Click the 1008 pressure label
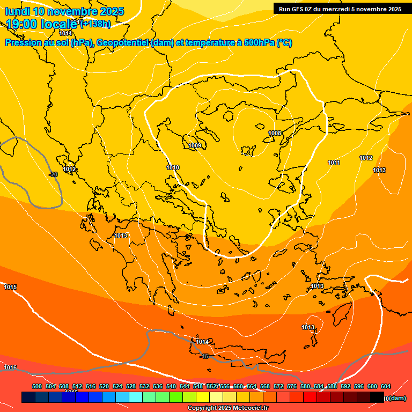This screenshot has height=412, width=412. point(275,133)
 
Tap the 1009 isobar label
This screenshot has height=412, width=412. point(195,145)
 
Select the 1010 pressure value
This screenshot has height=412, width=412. point(173,167)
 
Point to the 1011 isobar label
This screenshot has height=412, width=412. point(334,163)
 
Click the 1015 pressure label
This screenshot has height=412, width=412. point(10,287)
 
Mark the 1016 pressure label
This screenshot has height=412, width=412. point(10,367)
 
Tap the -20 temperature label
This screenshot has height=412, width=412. point(53,174)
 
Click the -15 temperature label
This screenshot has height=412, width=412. point(204,357)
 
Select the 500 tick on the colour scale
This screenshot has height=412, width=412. point(37,386)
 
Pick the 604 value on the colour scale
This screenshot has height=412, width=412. point(386,386)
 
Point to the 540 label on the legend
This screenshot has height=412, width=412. point(171,386)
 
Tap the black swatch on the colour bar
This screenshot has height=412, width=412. point(377,397)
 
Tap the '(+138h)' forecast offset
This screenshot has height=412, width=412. point(95,24)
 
